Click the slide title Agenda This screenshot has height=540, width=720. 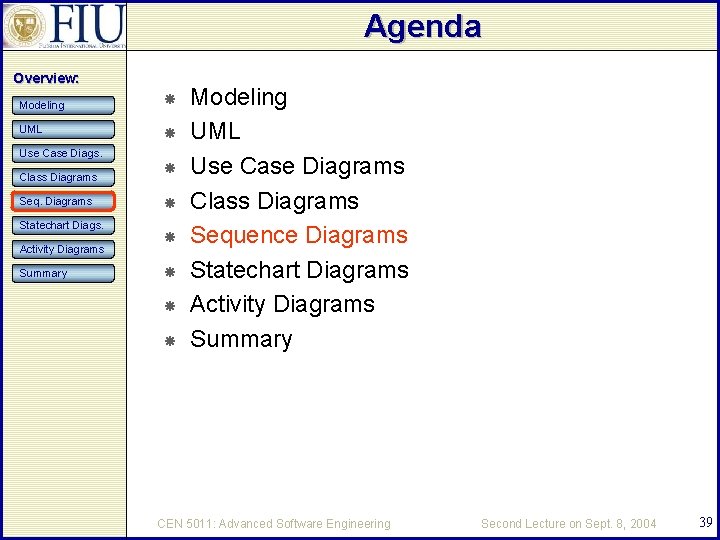[x=422, y=26]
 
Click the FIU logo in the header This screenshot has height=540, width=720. [x=64, y=25]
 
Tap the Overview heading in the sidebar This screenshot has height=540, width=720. [x=46, y=78]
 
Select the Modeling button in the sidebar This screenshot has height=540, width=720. [x=65, y=105]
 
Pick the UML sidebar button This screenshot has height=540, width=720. [x=65, y=129]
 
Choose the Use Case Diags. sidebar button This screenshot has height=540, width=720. [x=65, y=153]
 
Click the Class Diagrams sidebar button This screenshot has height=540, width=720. [x=65, y=177]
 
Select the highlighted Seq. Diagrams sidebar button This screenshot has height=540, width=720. [x=65, y=201]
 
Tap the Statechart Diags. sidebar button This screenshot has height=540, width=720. [x=65, y=225]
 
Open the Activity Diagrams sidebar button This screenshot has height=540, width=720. [x=65, y=249]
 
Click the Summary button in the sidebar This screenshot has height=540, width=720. [x=65, y=273]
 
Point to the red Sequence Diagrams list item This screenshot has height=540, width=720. [x=299, y=235]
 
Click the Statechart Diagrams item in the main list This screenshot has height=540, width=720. [x=299, y=270]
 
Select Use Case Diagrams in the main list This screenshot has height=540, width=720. [x=297, y=166]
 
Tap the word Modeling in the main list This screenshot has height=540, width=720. [x=238, y=97]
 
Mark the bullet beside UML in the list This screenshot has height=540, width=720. [x=170, y=133]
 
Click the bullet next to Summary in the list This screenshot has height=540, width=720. [x=170, y=341]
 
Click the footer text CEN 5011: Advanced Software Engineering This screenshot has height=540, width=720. [x=274, y=523]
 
